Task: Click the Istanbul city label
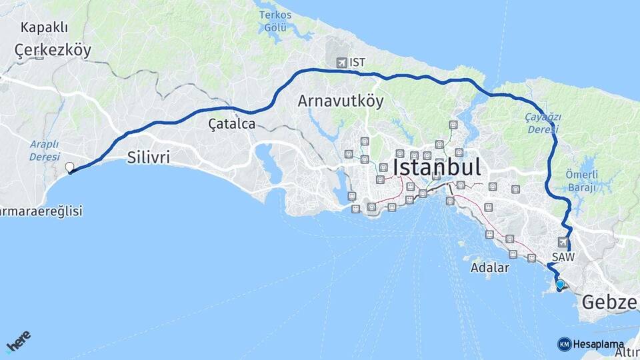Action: tap(437, 167)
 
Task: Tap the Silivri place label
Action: tap(148, 158)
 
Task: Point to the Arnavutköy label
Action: tap(341, 101)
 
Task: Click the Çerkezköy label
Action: tap(53, 51)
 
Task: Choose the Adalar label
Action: tap(489, 267)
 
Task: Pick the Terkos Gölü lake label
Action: tap(275, 21)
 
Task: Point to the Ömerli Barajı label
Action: tap(582, 181)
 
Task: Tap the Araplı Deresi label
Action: tap(44, 150)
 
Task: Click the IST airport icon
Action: tap(343, 63)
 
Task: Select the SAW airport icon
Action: tap(564, 242)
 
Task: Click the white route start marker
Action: tap(69, 167)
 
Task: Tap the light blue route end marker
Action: tap(560, 285)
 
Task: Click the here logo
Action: tap(18, 341)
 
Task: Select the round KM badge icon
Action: tap(564, 344)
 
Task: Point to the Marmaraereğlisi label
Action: tap(41, 211)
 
